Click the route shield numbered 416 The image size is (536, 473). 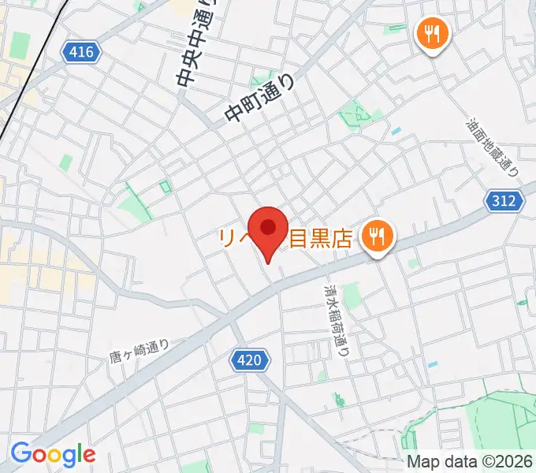coord(81,53)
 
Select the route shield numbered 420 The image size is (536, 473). coord(251,360)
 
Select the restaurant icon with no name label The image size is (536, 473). coord(433,35)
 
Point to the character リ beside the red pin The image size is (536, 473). coord(229,237)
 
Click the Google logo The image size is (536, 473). coord(53,454)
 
